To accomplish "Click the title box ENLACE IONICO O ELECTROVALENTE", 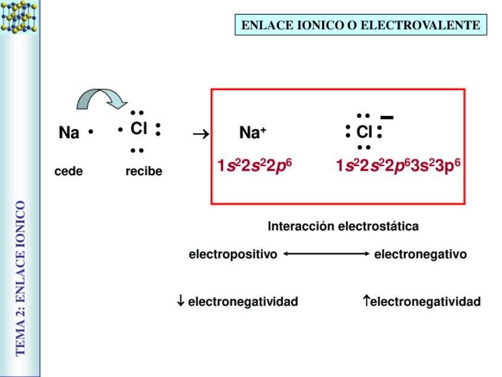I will coord(361,25).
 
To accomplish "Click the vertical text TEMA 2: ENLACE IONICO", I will coord(21,278).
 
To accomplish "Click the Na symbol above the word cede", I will coord(69,133).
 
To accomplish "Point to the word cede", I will coord(69,172).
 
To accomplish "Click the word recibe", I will coord(144,172).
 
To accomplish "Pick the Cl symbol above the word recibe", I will coord(139,129).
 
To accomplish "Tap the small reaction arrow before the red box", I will coord(201,135).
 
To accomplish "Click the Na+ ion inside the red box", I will coord(253,133).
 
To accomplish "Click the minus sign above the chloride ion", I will coord(387,117).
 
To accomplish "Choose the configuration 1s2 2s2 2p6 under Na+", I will coord(255,167).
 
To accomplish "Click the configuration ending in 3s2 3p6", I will coord(398,167).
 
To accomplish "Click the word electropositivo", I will coord(233,255).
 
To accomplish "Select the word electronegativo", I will coord(420,255).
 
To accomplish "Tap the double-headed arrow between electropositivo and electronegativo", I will coord(326,254).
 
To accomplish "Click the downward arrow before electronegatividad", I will coord(181,302).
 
